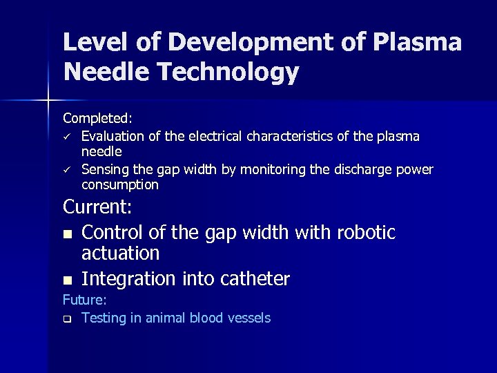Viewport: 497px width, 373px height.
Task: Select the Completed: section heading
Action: (97, 119)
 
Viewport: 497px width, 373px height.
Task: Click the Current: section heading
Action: (97, 207)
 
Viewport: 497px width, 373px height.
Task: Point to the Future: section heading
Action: (84, 300)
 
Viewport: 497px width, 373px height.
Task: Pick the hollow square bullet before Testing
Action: (67, 319)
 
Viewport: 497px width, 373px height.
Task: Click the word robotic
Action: (366, 232)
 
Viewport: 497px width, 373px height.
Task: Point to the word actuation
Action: (120, 254)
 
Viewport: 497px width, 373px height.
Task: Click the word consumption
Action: (119, 185)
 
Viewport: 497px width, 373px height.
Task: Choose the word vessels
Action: (248, 318)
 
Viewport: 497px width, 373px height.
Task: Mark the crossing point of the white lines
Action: (48, 101)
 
